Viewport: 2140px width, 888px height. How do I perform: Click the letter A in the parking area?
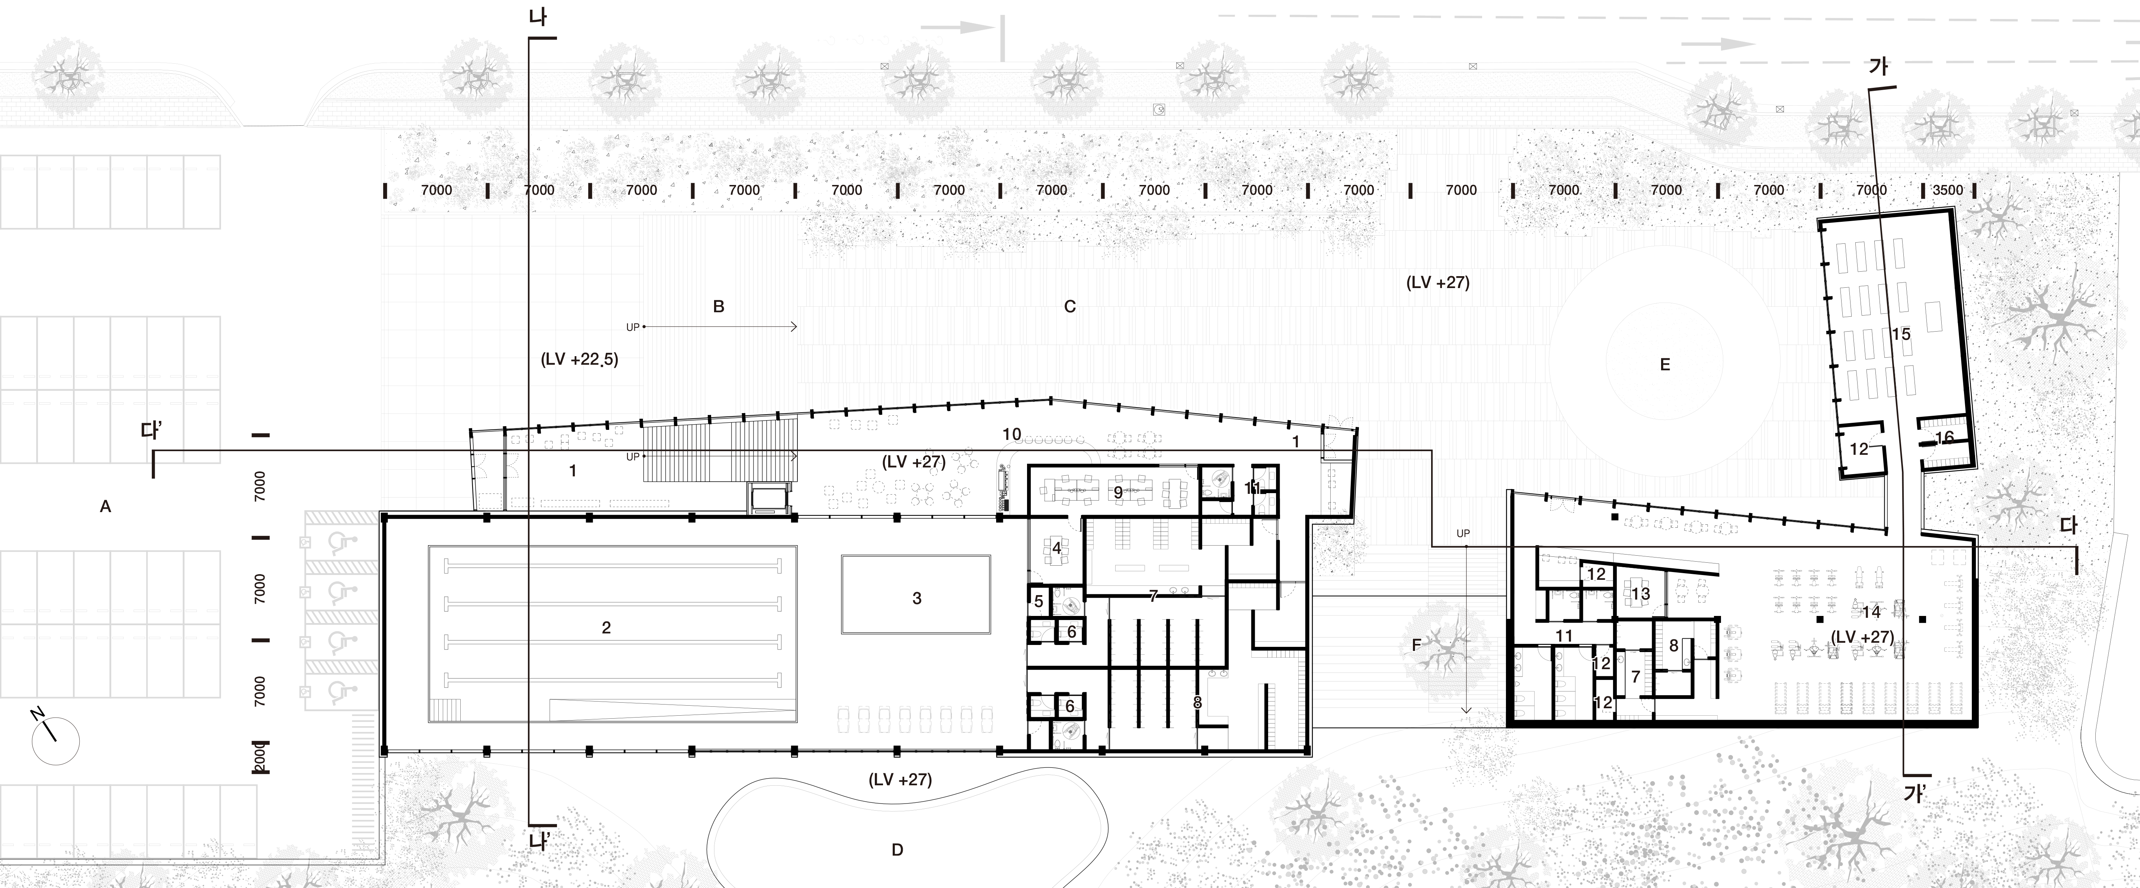[x=105, y=506]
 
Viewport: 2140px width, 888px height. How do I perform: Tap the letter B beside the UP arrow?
[x=719, y=307]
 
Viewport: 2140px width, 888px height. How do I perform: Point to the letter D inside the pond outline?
[x=897, y=850]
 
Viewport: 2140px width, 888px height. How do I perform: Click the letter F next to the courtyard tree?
[x=1416, y=645]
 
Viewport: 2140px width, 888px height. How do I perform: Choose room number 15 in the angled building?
[x=1901, y=334]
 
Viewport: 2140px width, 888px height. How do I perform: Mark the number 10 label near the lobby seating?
[x=1011, y=434]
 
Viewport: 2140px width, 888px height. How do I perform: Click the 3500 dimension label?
[x=1947, y=190]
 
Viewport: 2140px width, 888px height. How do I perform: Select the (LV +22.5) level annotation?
[x=579, y=360]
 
